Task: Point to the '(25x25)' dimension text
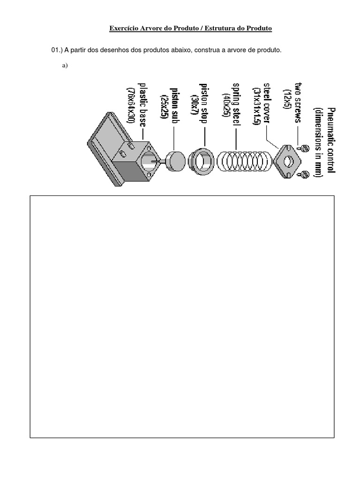click(163, 106)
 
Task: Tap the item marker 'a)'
click(65, 66)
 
